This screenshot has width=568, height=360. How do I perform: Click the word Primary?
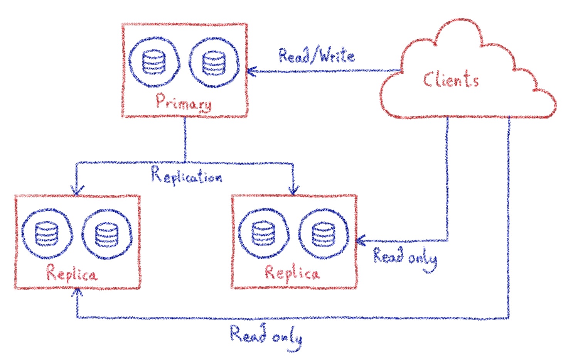click(x=184, y=102)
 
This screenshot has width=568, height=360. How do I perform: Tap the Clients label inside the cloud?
click(x=451, y=80)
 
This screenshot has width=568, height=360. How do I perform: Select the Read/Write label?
click(x=316, y=56)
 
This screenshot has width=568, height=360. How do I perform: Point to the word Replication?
click(x=187, y=176)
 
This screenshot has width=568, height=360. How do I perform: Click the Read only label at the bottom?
click(x=266, y=336)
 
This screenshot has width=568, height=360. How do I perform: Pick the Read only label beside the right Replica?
click(x=405, y=258)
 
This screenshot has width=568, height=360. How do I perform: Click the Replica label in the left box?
click(x=72, y=274)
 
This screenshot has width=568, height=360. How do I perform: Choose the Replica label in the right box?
click(x=292, y=273)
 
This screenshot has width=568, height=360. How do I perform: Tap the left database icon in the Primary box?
click(x=154, y=62)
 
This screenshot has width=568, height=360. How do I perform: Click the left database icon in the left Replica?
click(x=47, y=234)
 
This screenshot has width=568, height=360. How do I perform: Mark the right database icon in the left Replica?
click(x=107, y=234)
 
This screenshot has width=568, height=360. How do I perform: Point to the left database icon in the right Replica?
click(x=263, y=234)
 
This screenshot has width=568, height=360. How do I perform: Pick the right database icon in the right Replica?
click(x=324, y=234)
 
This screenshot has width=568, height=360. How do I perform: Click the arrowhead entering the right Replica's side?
click(x=359, y=241)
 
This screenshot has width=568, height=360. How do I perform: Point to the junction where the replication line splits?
click(x=185, y=162)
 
